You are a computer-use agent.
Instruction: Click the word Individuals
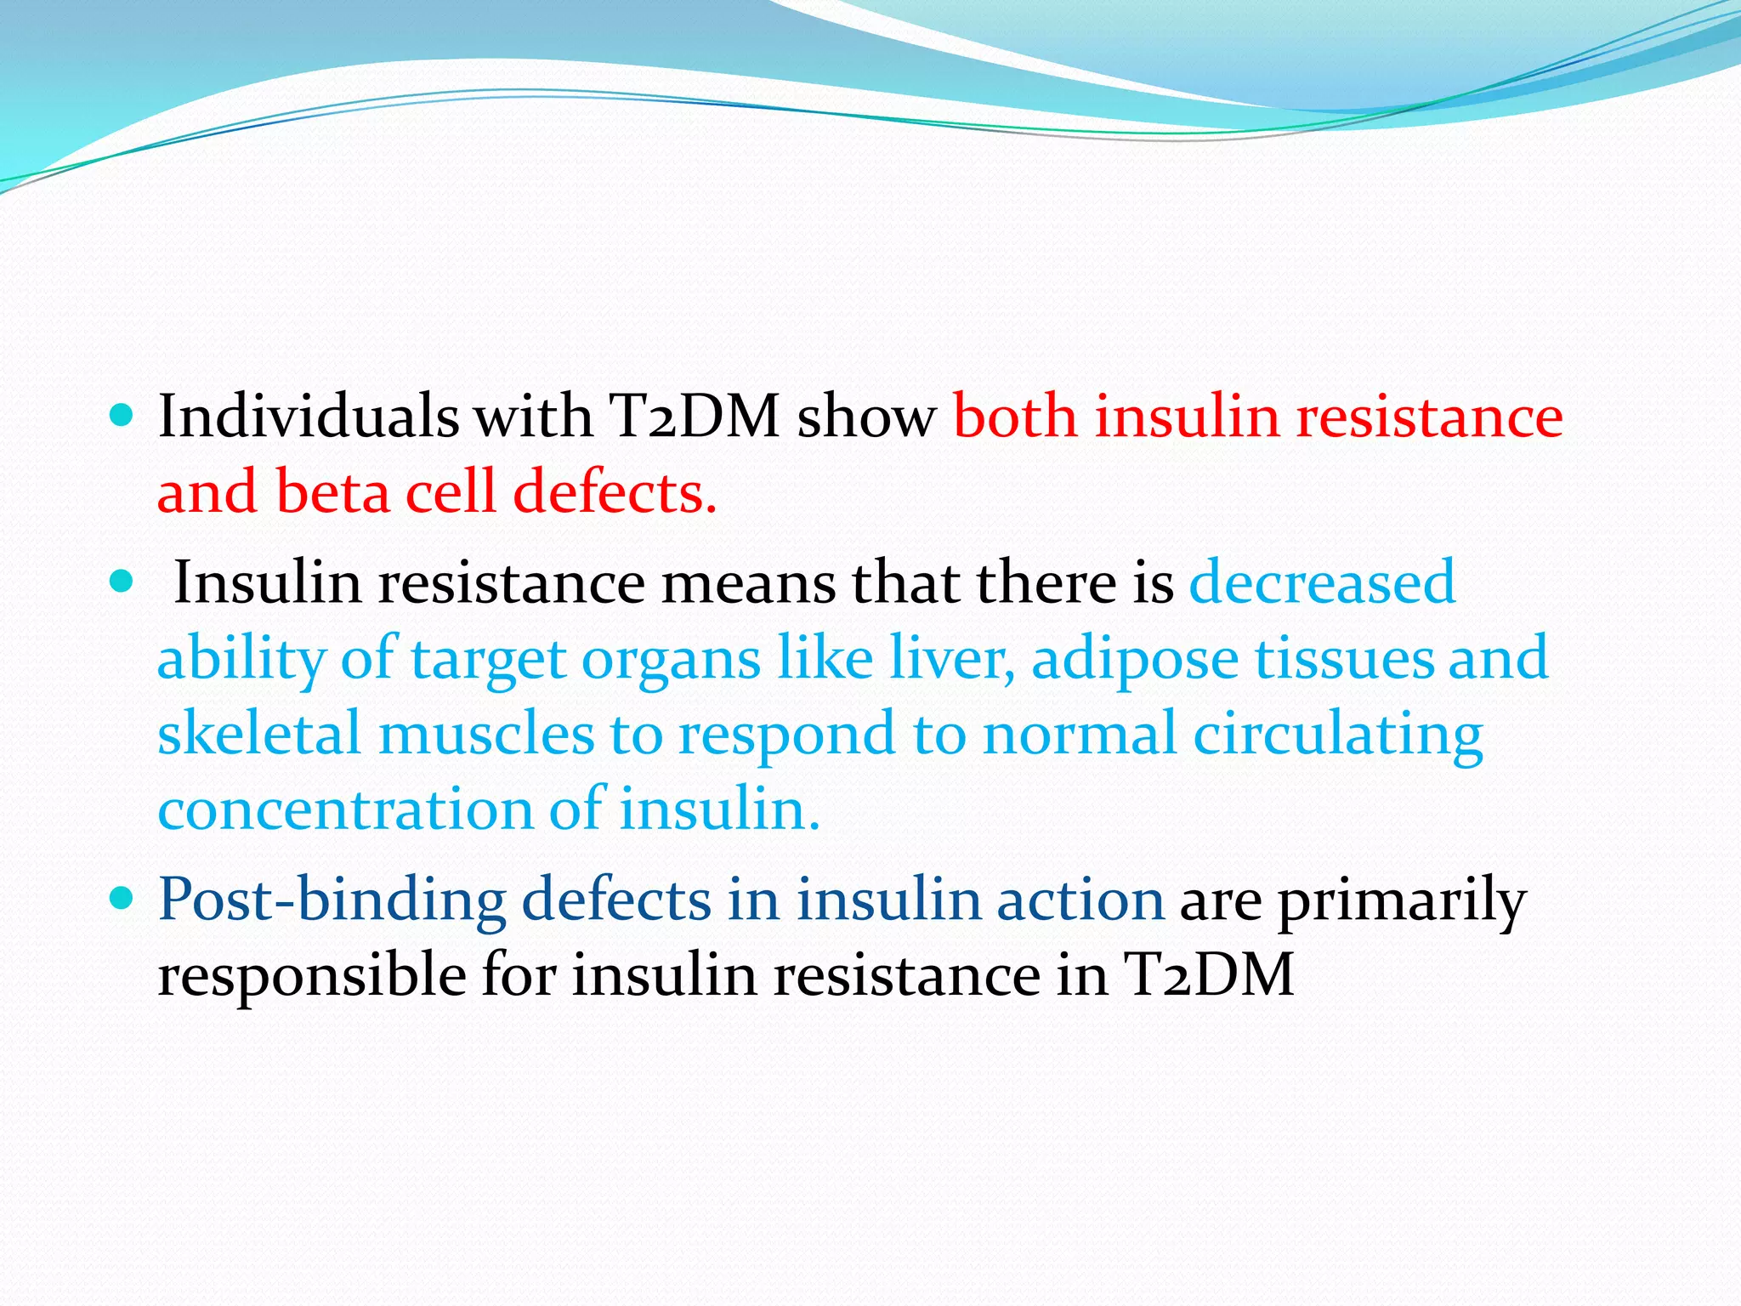pyautogui.click(x=308, y=417)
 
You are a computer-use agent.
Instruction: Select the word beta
pyautogui.click(x=332, y=492)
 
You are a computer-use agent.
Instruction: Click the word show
pyautogui.click(x=865, y=417)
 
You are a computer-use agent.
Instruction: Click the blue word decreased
pyautogui.click(x=1322, y=583)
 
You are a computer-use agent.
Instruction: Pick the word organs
pyautogui.click(x=671, y=660)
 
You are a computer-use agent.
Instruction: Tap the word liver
pyautogui.click(x=951, y=658)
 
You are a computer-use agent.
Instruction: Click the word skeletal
pyautogui.click(x=259, y=733)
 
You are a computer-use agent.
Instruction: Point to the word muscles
pyautogui.click(x=485, y=733)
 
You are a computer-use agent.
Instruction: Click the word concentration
pyautogui.click(x=344, y=809)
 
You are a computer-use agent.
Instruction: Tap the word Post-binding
pyautogui.click(x=332, y=900)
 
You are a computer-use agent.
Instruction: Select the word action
pyautogui.click(x=1080, y=900)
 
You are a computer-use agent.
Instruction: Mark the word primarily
pyautogui.click(x=1402, y=900)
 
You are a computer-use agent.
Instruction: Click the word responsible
pyautogui.click(x=311, y=975)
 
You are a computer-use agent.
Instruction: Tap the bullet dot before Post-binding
pyautogui.click(x=122, y=897)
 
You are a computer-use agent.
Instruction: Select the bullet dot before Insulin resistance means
pyautogui.click(x=122, y=582)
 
